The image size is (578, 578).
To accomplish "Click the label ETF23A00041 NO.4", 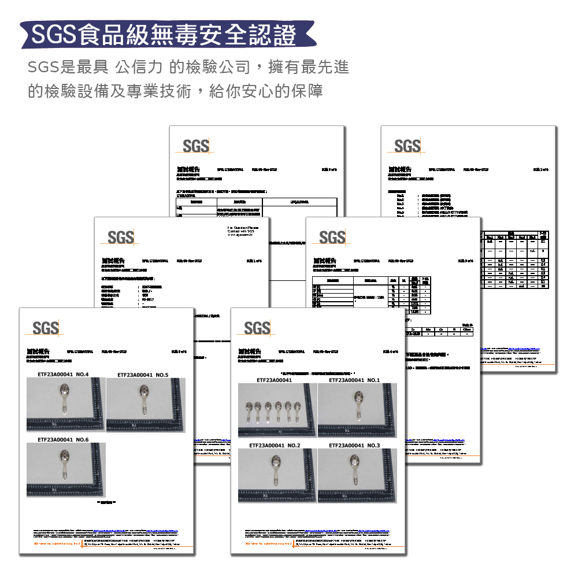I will tap(62, 375).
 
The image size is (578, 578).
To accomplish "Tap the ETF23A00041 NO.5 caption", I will tap(142, 375).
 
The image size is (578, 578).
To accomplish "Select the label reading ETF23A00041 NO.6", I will tap(62, 440).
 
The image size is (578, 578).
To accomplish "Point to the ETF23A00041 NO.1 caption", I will tap(354, 380).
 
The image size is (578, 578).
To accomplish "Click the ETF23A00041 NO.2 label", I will tap(275, 446).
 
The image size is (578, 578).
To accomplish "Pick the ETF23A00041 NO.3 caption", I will tap(354, 446).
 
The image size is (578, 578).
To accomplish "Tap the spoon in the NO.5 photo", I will tap(143, 400).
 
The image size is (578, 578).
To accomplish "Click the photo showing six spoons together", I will tap(277, 410).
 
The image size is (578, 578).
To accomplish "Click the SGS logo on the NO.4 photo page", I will tap(46, 328).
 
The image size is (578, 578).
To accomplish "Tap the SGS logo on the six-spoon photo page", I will tap(257, 328).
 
